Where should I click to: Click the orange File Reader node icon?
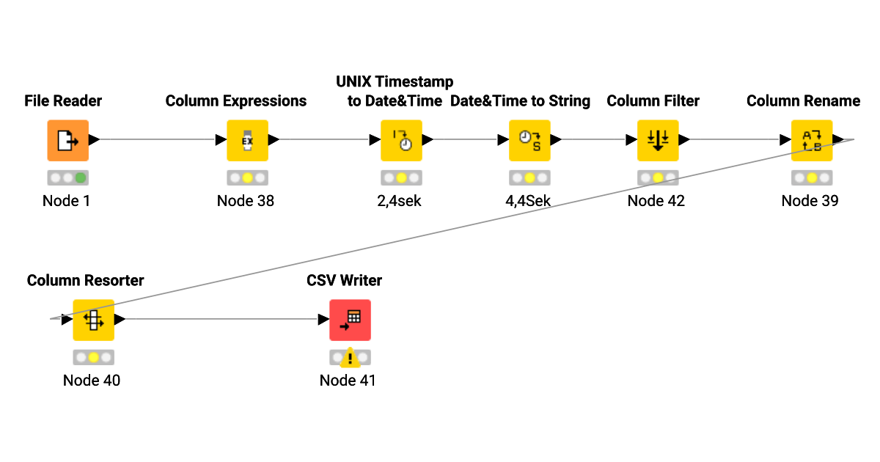(67, 140)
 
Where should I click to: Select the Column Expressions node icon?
(247, 140)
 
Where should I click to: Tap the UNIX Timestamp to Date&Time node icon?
(401, 140)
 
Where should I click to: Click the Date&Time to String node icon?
(529, 140)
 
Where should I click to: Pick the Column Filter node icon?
(658, 140)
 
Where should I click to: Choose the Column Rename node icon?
(812, 140)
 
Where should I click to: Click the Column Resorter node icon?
(93, 320)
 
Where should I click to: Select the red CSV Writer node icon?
(350, 320)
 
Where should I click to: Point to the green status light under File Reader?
(81, 177)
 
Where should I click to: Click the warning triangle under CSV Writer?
(350, 357)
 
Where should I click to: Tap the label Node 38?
(246, 201)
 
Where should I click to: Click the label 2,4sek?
(400, 201)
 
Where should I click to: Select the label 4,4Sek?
(528, 201)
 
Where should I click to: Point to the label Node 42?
(656, 201)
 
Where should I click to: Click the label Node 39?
(810, 201)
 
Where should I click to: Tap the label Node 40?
(92, 381)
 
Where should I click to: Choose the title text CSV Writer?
(345, 280)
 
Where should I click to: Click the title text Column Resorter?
(86, 280)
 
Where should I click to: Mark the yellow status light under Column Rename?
(812, 177)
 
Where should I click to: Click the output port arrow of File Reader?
(93, 140)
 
